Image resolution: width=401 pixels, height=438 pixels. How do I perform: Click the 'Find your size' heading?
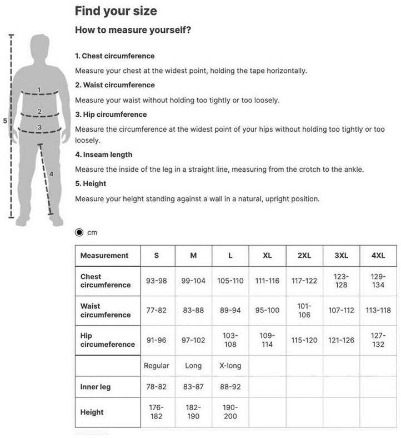point(116,11)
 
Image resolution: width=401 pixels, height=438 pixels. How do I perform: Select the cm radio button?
point(79,232)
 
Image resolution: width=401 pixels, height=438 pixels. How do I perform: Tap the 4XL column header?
point(378,256)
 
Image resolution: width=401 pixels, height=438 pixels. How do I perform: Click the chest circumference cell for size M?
point(193,281)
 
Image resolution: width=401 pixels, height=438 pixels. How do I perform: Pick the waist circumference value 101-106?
point(304,310)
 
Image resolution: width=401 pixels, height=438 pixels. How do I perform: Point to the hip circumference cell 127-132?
point(378,340)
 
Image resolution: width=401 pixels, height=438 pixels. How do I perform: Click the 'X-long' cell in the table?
point(230,366)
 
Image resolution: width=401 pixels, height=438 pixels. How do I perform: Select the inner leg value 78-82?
point(157,386)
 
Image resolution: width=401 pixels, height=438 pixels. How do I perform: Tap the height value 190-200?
point(230,412)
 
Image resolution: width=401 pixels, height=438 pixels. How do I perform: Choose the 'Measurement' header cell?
point(104,256)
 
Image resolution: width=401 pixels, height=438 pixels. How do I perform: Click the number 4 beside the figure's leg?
point(51,174)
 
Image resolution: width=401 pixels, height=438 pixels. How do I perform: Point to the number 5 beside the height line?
point(4,121)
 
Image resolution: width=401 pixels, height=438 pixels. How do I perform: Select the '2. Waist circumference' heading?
point(115,85)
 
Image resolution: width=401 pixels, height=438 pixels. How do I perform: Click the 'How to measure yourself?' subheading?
point(133,30)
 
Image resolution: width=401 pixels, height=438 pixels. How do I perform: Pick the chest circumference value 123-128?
point(341,281)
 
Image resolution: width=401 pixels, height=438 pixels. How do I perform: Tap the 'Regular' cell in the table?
point(157,366)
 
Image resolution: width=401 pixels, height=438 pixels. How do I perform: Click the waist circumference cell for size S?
point(157,310)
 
